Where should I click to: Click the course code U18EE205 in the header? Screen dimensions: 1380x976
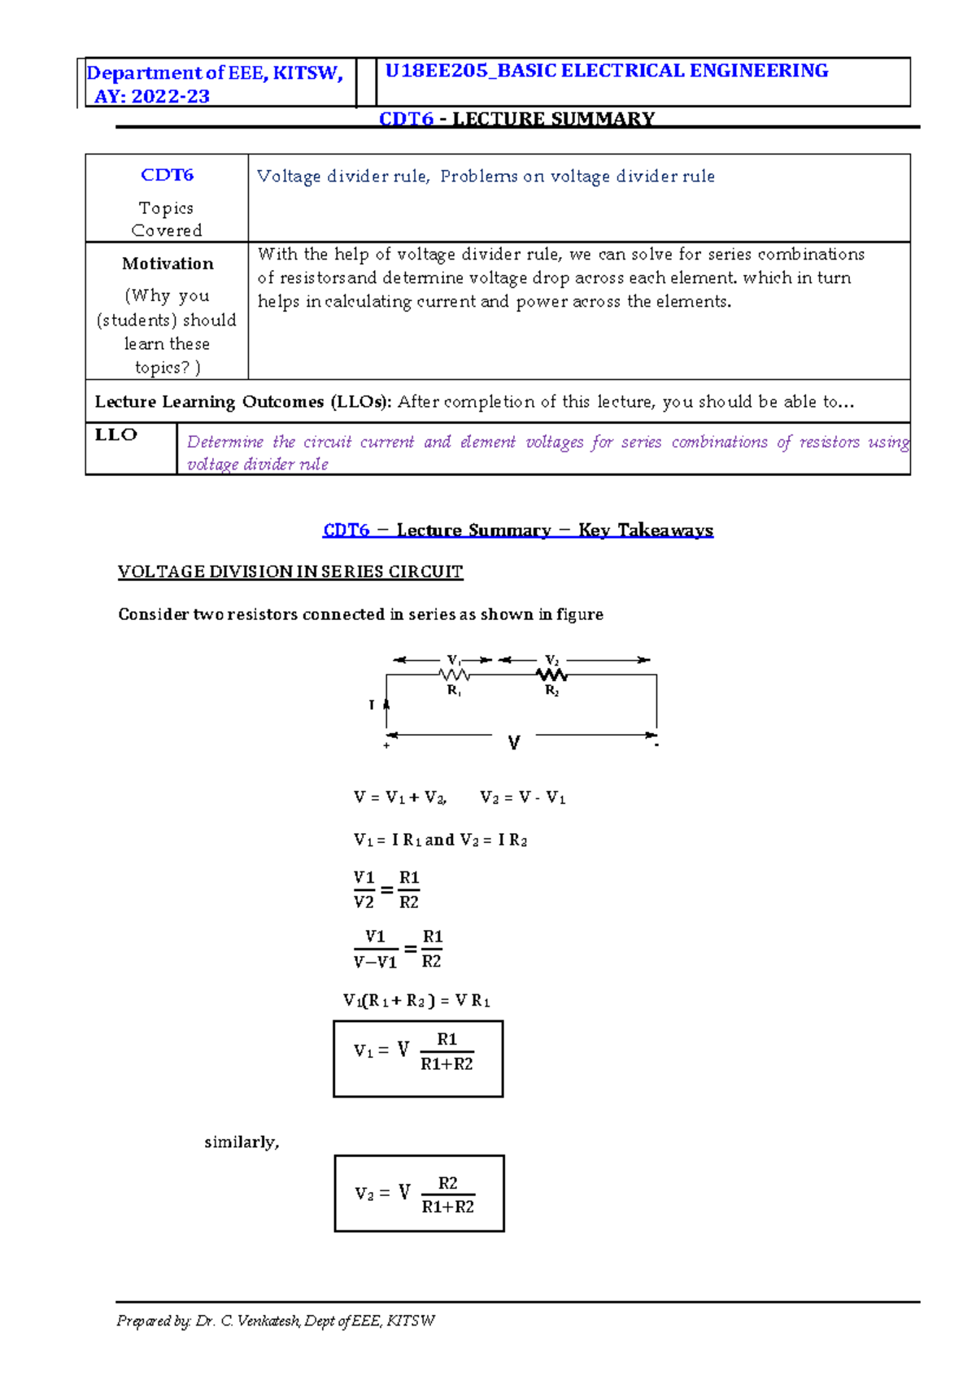[x=436, y=71]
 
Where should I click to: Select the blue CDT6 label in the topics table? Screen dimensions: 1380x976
[x=167, y=175]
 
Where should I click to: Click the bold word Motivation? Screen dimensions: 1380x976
[x=168, y=264]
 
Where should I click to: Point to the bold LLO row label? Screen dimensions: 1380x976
[x=115, y=435]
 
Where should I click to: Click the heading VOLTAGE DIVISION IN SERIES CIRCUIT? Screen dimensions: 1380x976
[x=290, y=571]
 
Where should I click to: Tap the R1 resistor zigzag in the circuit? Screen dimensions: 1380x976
[x=455, y=675]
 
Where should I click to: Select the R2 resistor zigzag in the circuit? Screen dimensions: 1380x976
[x=551, y=675]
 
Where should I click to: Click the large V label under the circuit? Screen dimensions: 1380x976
[x=514, y=743]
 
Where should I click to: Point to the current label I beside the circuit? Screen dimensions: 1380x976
[x=372, y=705]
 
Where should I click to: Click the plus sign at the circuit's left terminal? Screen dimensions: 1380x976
[x=386, y=745]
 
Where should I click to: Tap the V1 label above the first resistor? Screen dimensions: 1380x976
[x=454, y=660]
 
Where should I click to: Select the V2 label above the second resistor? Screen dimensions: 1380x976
[x=551, y=660]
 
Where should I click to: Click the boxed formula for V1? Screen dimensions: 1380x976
[x=418, y=1058]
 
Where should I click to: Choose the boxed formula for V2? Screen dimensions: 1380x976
[x=419, y=1193]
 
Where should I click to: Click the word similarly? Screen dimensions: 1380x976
[x=242, y=1142]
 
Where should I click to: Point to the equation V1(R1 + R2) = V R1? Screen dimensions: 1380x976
[x=416, y=1001]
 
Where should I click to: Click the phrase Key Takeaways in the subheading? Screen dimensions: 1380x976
[x=646, y=531]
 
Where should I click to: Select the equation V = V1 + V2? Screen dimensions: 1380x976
[x=400, y=797]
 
